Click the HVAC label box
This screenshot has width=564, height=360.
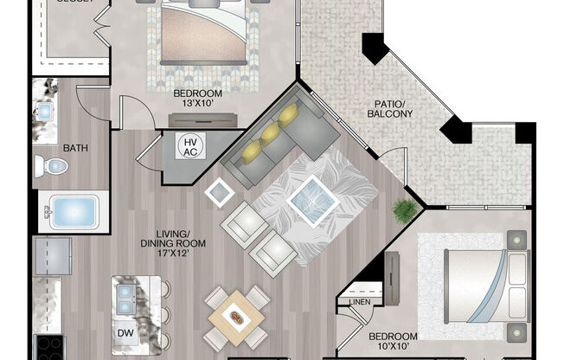tap(189, 146)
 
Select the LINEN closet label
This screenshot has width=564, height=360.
tap(360, 302)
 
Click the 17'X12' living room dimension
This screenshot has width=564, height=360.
tap(181, 254)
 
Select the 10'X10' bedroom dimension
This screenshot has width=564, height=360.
tap(393, 347)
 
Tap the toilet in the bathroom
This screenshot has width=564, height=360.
tap(54, 165)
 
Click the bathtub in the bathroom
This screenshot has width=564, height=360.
tap(73, 211)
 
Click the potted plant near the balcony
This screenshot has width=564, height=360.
tap(402, 209)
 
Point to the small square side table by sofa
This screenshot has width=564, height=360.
tap(219, 192)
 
